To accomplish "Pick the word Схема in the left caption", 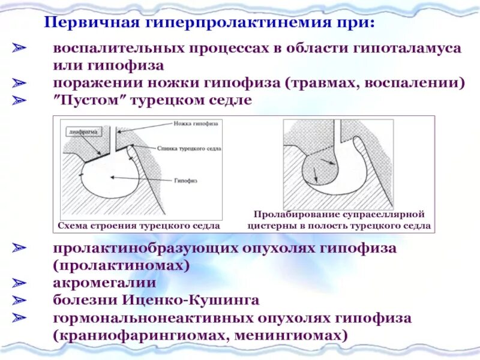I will point(73,226).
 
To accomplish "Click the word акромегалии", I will point(104,282).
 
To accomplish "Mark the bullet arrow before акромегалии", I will point(20,282).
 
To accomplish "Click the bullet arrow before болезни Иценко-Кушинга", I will point(20,299).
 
